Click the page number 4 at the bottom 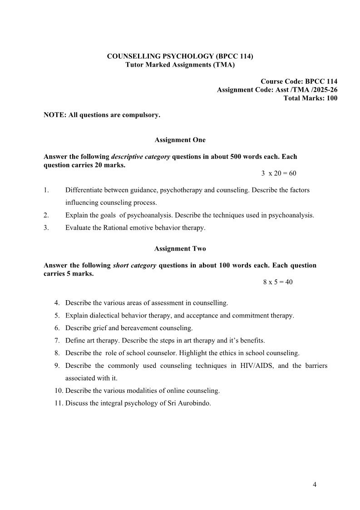point(315,485)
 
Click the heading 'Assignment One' point(180,140)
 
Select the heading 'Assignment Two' point(180,249)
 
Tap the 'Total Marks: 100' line point(310,98)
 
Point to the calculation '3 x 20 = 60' point(279,173)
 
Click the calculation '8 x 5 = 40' point(278,282)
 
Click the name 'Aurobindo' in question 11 point(196,403)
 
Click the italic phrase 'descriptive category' point(141,157)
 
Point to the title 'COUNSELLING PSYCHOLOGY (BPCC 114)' point(180,56)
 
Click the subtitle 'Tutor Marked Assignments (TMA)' point(180,65)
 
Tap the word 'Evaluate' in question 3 point(78,228)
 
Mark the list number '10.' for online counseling point(59,391)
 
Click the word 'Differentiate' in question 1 point(84,190)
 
